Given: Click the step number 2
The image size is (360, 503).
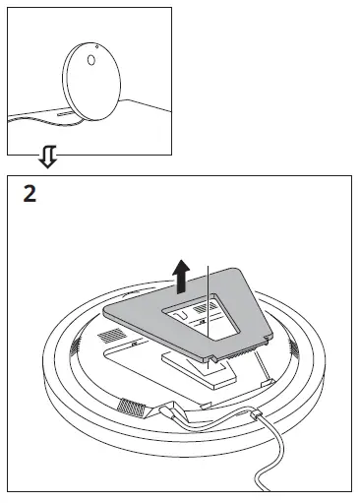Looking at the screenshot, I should (x=30, y=193).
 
